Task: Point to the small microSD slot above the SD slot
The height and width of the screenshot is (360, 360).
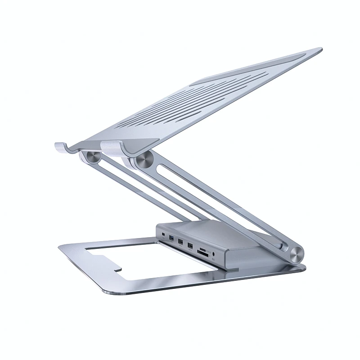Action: point(203,250)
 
